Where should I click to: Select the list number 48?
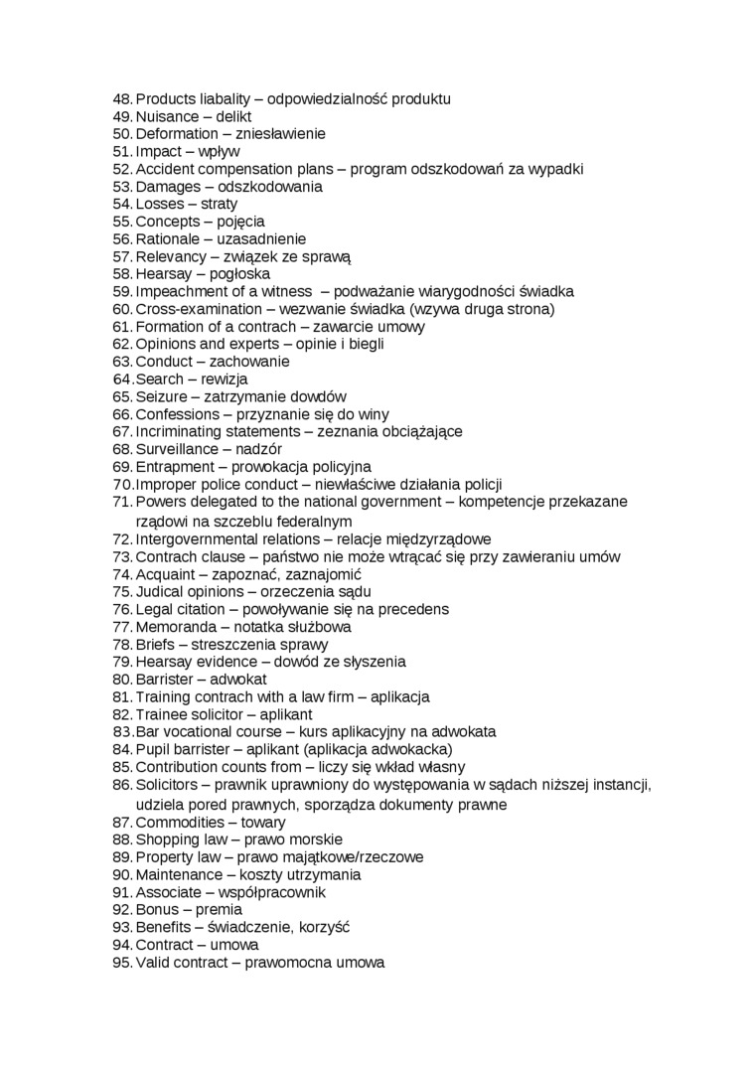(x=122, y=99)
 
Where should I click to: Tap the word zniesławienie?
(x=281, y=134)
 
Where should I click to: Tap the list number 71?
(x=122, y=503)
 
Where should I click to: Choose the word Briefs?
(x=155, y=645)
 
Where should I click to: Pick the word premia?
(x=219, y=910)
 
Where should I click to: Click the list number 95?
(x=122, y=963)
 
